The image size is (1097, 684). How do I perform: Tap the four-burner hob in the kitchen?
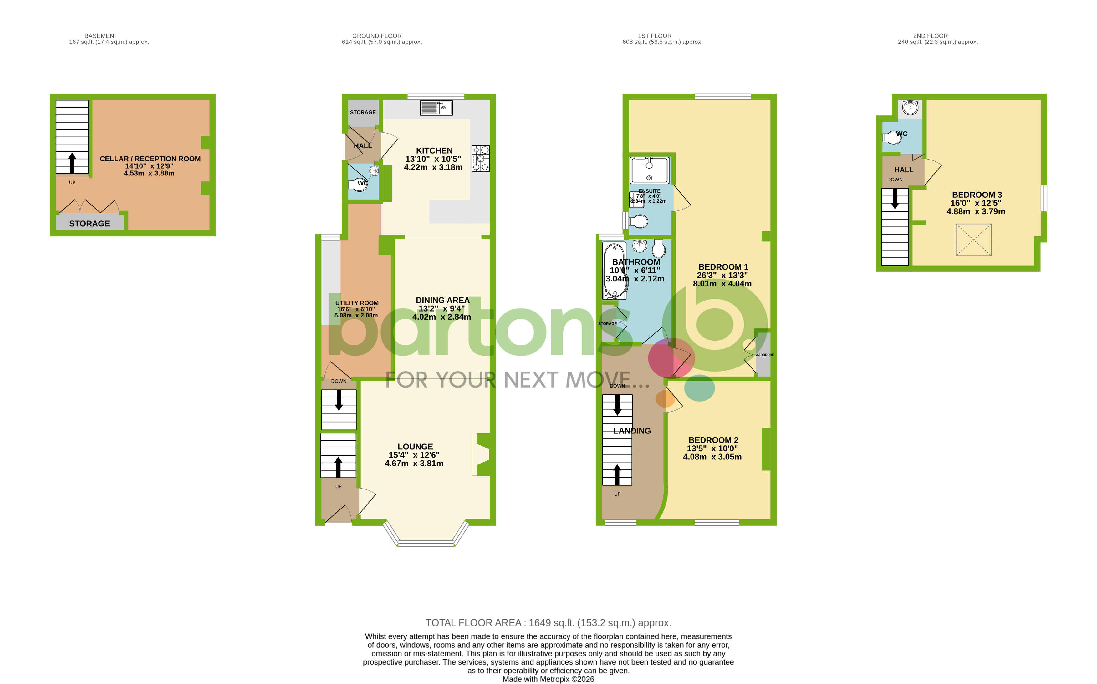(480, 158)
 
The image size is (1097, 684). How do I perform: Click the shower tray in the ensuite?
(649, 170)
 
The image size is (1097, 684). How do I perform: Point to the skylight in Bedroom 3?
(973, 240)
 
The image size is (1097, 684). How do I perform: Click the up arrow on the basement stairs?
(72, 163)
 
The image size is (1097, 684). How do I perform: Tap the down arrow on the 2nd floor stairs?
(894, 199)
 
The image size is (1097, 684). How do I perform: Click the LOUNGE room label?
(415, 447)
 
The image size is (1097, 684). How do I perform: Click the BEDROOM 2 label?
(713, 440)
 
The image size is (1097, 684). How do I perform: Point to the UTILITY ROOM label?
(357, 303)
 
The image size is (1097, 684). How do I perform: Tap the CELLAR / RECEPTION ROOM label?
(150, 159)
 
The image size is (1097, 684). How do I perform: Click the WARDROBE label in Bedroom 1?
(764, 355)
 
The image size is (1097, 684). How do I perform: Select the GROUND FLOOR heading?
(376, 36)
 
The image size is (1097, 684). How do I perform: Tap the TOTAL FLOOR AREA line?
(548, 623)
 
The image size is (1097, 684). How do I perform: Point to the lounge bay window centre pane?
(426, 543)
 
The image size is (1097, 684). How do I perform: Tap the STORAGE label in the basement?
(89, 224)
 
